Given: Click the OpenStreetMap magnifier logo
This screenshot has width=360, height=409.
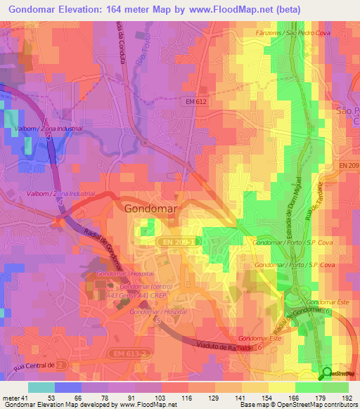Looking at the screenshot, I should [x=327, y=373].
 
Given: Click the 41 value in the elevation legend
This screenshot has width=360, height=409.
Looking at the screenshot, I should [x=25, y=397].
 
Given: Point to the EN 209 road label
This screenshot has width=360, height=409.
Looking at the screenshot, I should [x=348, y=165].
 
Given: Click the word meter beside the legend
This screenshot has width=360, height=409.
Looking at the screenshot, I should [x=11, y=397].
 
